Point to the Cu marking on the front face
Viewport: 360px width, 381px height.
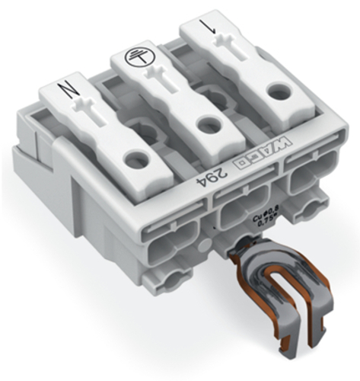(257, 219)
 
